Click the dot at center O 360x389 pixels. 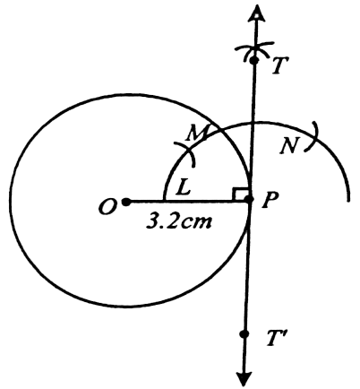(x=127, y=202)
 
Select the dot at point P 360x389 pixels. (x=250, y=199)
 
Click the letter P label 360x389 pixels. (x=270, y=199)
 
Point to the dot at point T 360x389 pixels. (x=254, y=60)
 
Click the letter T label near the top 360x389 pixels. (x=279, y=65)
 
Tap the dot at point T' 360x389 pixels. (x=245, y=334)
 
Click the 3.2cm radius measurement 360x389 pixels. (x=179, y=222)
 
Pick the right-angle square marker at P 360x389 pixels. (x=240, y=194)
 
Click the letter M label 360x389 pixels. (x=197, y=133)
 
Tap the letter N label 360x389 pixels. (x=289, y=146)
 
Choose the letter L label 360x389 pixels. (x=183, y=187)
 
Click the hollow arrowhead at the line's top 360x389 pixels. (x=257, y=13)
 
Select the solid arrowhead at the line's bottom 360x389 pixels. (x=244, y=379)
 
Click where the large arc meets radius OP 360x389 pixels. (x=164, y=200)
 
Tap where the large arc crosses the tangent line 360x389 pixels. (x=253, y=122)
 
